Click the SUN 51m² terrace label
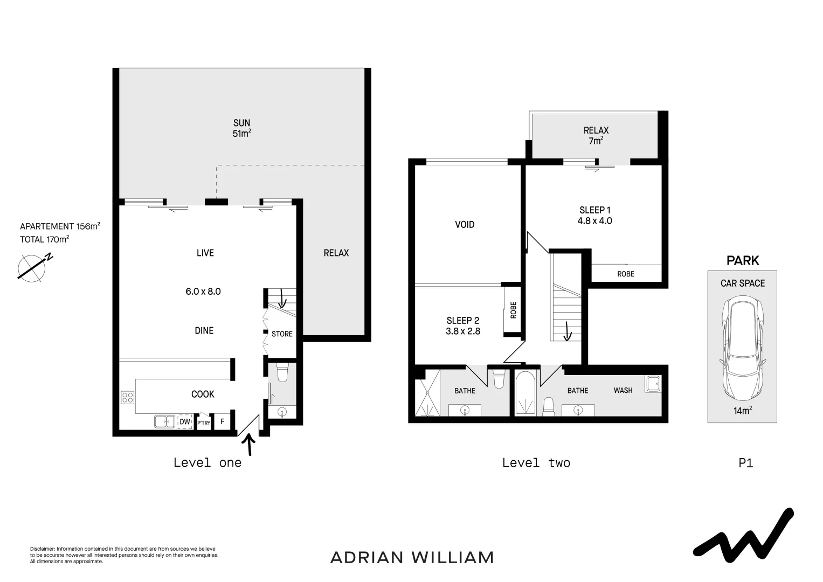tap(241, 128)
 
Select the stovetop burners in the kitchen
tap(128, 398)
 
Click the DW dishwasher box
tap(185, 421)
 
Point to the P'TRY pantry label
tap(204, 423)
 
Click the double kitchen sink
tap(164, 421)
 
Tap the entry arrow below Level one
tap(249, 445)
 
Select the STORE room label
tap(282, 334)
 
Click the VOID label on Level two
tap(465, 224)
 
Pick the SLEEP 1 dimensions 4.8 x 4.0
tap(594, 220)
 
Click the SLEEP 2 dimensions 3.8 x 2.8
tap(462, 331)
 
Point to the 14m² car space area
tap(742, 411)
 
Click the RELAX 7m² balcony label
tap(596, 135)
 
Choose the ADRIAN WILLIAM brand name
tap(412, 557)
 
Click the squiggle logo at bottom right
tap(743, 533)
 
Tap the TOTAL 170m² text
tap(44, 239)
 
